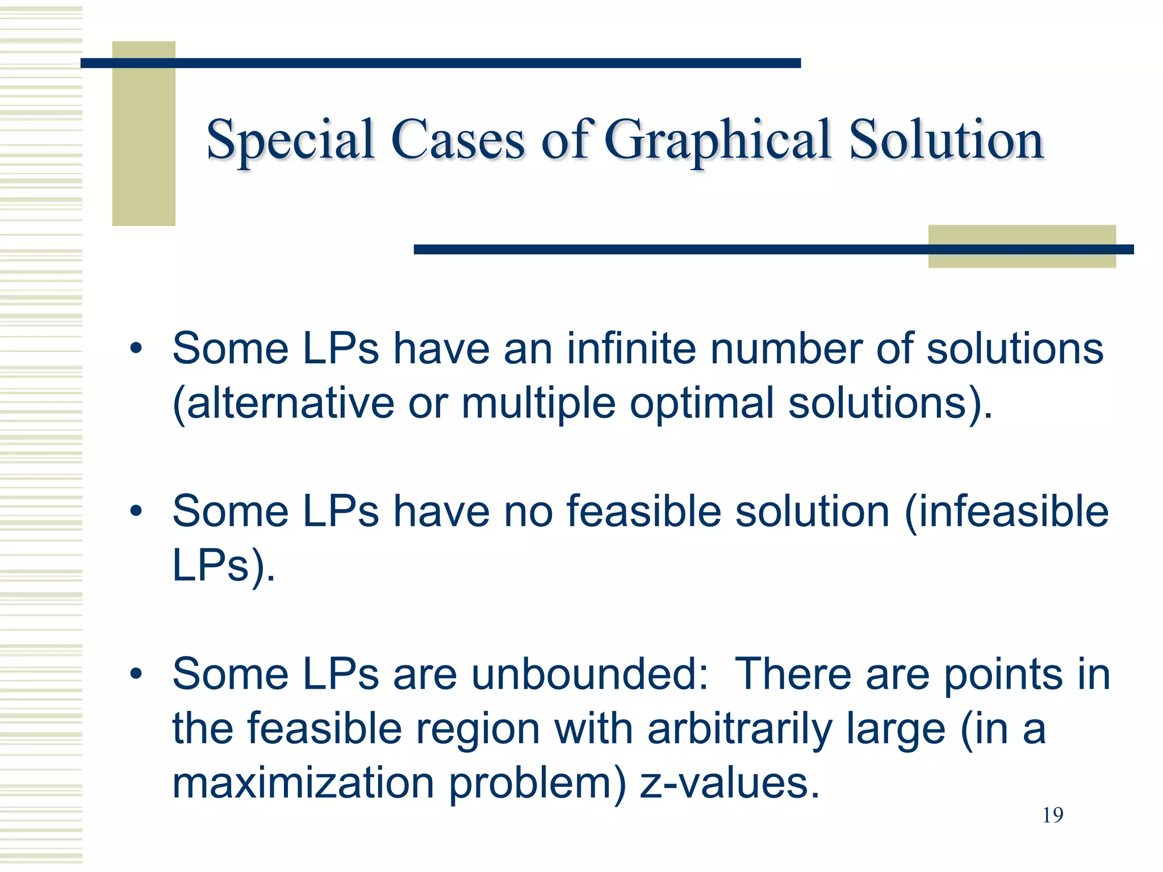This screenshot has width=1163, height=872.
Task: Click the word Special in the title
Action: [290, 140]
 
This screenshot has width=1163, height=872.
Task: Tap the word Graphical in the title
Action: [717, 140]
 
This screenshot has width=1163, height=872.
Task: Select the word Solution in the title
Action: [947, 140]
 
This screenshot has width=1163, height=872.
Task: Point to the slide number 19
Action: [1053, 815]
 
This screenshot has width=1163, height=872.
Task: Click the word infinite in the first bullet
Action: [631, 348]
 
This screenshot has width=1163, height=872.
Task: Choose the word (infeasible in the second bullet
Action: [1006, 511]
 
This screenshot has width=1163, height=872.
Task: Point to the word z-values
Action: [730, 783]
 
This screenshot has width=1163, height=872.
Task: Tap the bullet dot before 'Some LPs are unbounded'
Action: [135, 674]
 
